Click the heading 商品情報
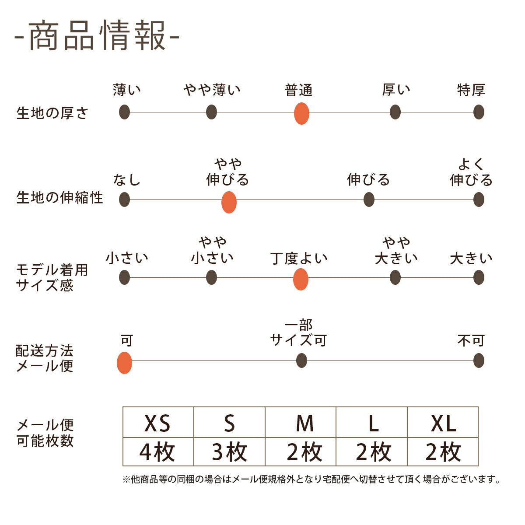coord(97,35)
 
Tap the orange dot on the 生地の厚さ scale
coord(301,113)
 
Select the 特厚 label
coord(471,90)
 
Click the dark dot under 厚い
coord(395,112)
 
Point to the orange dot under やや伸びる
coord(229,202)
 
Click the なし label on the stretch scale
coord(126,179)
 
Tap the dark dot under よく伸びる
coord(479,200)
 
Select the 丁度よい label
coord(299,258)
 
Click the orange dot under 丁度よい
coord(301,279)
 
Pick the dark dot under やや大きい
coord(395,277)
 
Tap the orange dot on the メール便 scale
coord(125,363)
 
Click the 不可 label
coord(471,340)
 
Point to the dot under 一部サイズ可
coord(301,361)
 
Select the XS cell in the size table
coord(158,423)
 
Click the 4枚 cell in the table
coord(158,452)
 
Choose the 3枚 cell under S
coord(229,452)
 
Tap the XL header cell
coord(443,423)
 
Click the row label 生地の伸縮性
coord(59,198)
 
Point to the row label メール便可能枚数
coord(45,433)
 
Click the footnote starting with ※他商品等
coord(311,479)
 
